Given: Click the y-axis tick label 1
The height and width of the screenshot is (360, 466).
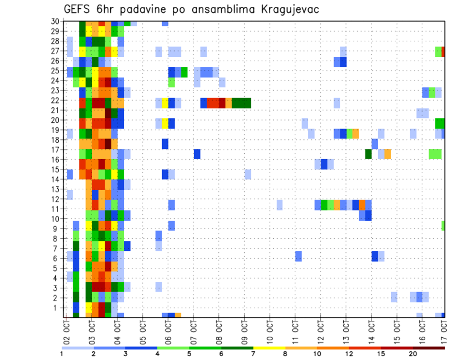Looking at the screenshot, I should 57,307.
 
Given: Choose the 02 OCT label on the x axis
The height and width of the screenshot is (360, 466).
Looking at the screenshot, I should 67,330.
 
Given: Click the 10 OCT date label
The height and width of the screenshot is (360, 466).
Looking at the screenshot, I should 270,330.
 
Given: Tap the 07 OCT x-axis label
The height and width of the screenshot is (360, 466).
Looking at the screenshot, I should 194,330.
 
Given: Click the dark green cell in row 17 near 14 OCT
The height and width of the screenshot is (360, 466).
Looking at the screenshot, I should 368,154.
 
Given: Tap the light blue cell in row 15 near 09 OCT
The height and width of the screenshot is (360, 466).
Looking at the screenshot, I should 248,174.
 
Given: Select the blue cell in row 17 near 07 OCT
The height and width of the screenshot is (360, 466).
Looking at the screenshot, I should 197,154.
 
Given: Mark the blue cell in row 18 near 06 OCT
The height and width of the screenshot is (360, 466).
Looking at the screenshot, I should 165,144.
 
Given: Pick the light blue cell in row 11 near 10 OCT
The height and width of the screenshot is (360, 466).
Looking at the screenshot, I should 280,205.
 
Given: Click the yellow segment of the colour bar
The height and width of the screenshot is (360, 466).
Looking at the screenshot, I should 269,348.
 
